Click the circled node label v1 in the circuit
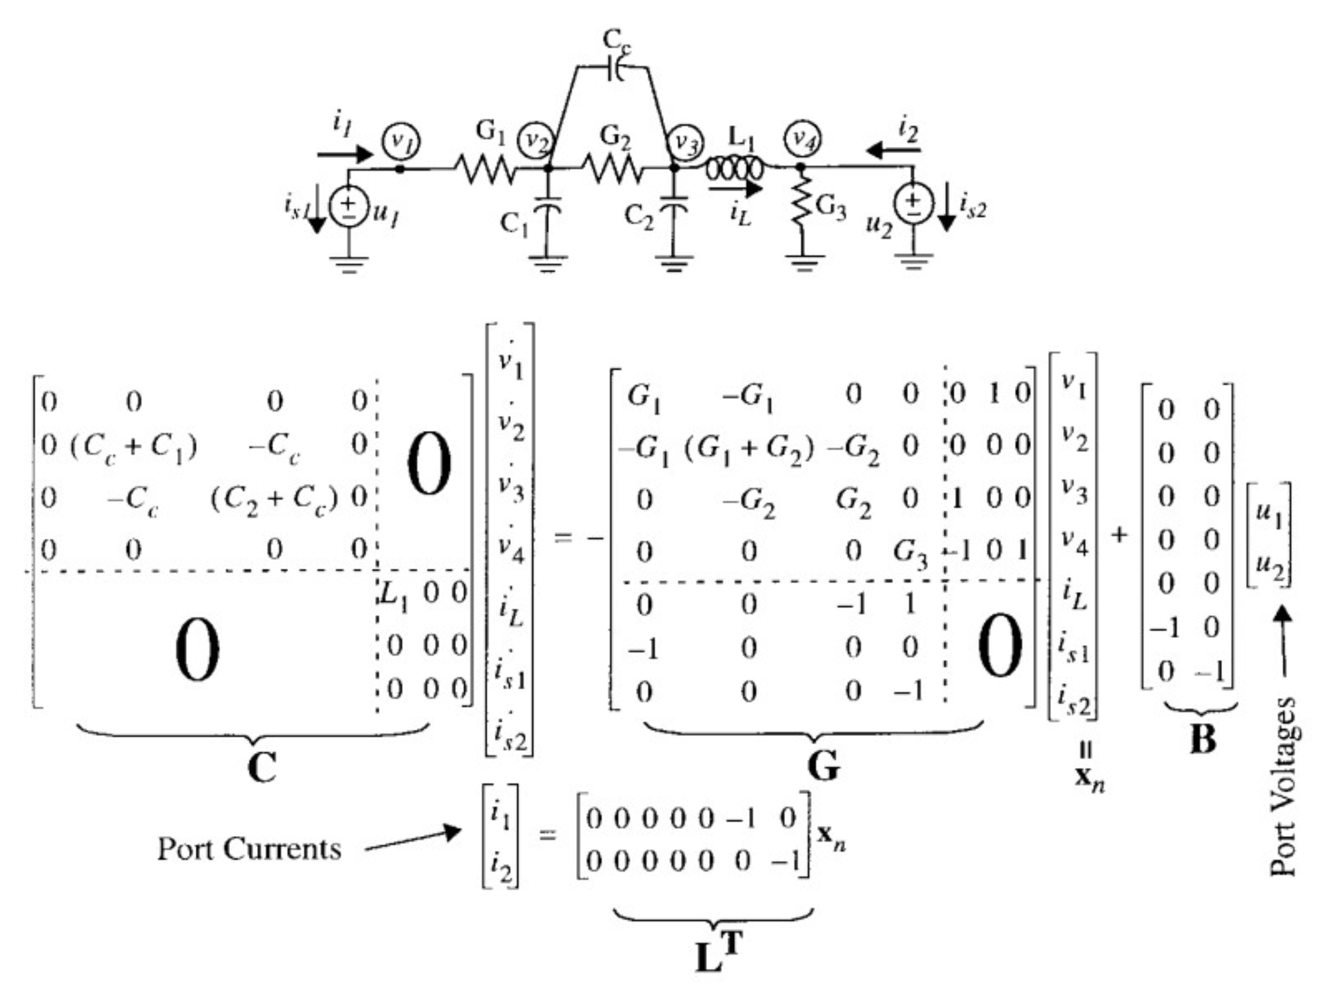click(401, 142)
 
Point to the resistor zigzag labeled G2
click(611, 169)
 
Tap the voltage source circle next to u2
click(912, 204)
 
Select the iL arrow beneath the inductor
click(735, 189)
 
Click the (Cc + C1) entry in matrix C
click(133, 446)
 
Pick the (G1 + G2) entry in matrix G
click(749, 446)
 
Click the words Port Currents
click(249, 849)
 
